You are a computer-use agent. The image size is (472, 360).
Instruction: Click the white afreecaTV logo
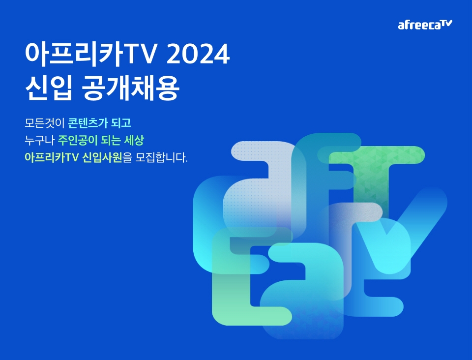click(425, 25)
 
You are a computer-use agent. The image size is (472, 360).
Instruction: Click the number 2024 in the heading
click(198, 54)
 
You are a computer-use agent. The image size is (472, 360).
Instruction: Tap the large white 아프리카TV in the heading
click(91, 54)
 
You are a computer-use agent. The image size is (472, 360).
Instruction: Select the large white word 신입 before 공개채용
click(49, 88)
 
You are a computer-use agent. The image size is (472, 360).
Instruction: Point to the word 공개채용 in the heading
click(131, 88)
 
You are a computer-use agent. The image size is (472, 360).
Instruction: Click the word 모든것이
click(45, 123)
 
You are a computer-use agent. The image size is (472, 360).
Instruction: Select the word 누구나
click(39, 140)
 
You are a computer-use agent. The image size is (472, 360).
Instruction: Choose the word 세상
click(134, 140)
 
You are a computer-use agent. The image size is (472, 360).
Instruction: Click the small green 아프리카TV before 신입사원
click(52, 157)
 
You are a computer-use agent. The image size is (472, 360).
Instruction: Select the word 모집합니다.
click(161, 157)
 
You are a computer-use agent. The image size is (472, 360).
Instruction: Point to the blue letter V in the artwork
click(400, 229)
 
